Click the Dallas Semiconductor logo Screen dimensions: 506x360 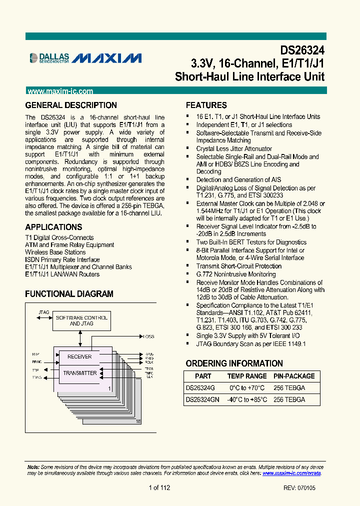[49, 58]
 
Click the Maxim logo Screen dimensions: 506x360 [106, 58]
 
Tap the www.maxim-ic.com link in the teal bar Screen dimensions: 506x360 [60, 91]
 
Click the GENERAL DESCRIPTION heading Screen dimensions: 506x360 [71, 105]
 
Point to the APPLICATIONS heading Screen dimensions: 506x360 [53, 227]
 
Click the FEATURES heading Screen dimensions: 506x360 [206, 105]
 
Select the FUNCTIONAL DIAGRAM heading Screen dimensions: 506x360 [69, 294]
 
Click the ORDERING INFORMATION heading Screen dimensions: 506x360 [234, 363]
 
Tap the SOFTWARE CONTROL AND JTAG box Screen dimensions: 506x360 [81, 320]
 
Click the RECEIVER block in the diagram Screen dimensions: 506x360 [79, 356]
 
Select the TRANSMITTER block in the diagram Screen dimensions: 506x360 [80, 373]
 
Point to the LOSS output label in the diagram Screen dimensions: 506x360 [148, 336]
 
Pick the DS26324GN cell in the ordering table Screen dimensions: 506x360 [202, 399]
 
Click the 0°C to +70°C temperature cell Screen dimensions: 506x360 [247, 387]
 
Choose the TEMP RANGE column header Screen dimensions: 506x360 [247, 376]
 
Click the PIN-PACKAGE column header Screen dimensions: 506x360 [294, 376]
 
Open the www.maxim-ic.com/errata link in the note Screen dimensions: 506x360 [291, 473]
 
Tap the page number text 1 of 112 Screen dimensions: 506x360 [159, 488]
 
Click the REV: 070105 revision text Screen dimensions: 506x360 [299, 488]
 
